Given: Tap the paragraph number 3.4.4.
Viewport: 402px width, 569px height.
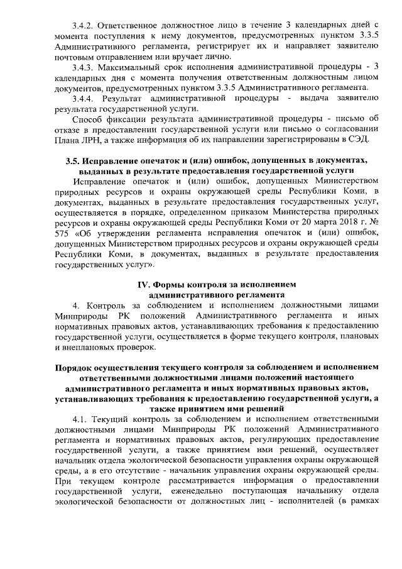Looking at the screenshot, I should [84, 99].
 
